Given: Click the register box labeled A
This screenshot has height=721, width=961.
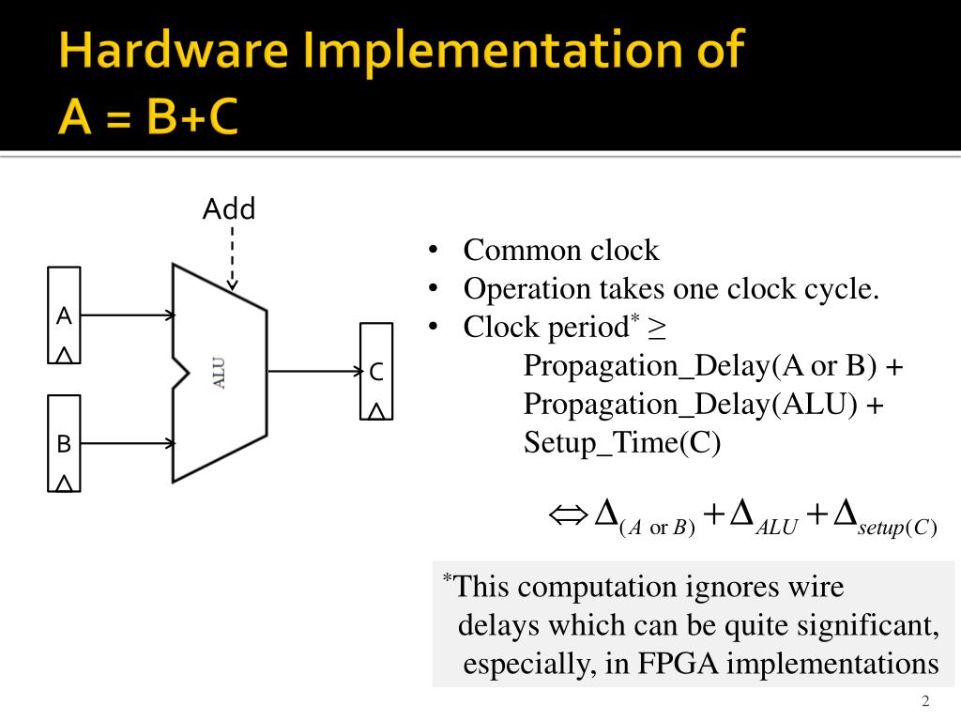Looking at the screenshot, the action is click(64, 315).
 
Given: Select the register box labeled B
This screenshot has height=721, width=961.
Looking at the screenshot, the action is click(64, 443).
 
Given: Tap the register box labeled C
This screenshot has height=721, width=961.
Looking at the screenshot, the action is click(376, 372).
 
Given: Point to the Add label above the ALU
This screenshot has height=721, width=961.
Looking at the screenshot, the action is click(229, 208).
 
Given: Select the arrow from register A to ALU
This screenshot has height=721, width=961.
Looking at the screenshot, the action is click(127, 315).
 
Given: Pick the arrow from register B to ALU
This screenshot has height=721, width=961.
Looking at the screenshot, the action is click(127, 443).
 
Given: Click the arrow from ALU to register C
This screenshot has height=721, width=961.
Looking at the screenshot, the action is click(314, 372).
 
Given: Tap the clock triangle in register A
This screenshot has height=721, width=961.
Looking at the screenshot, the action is click(64, 355).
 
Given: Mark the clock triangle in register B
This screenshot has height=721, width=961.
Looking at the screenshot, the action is click(64, 483).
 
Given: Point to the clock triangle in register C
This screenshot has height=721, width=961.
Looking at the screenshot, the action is click(376, 410).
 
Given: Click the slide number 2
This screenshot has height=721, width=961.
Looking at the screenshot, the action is click(925, 702).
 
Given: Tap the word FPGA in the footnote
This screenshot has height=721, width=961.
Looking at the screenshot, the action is click(679, 663).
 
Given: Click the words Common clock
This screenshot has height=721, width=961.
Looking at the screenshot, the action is click(561, 251).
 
